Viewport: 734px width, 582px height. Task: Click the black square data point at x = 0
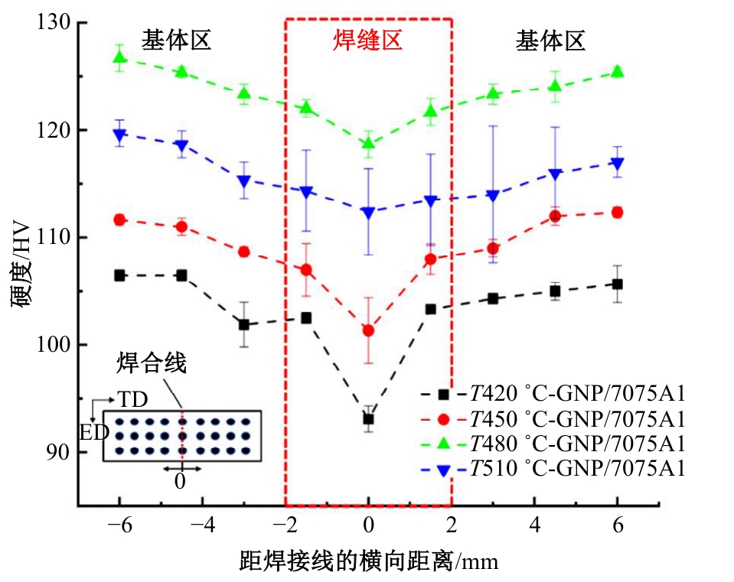tap(368, 418)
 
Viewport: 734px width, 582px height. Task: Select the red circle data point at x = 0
tap(368, 330)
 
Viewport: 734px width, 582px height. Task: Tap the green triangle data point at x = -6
tap(119, 57)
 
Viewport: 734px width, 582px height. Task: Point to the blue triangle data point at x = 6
tap(617, 163)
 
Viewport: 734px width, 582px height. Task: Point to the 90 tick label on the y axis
tap(59, 453)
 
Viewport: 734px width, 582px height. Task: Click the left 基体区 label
tap(175, 41)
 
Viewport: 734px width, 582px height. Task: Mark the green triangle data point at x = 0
tap(368, 143)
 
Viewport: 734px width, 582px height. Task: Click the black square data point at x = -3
tap(243, 324)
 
